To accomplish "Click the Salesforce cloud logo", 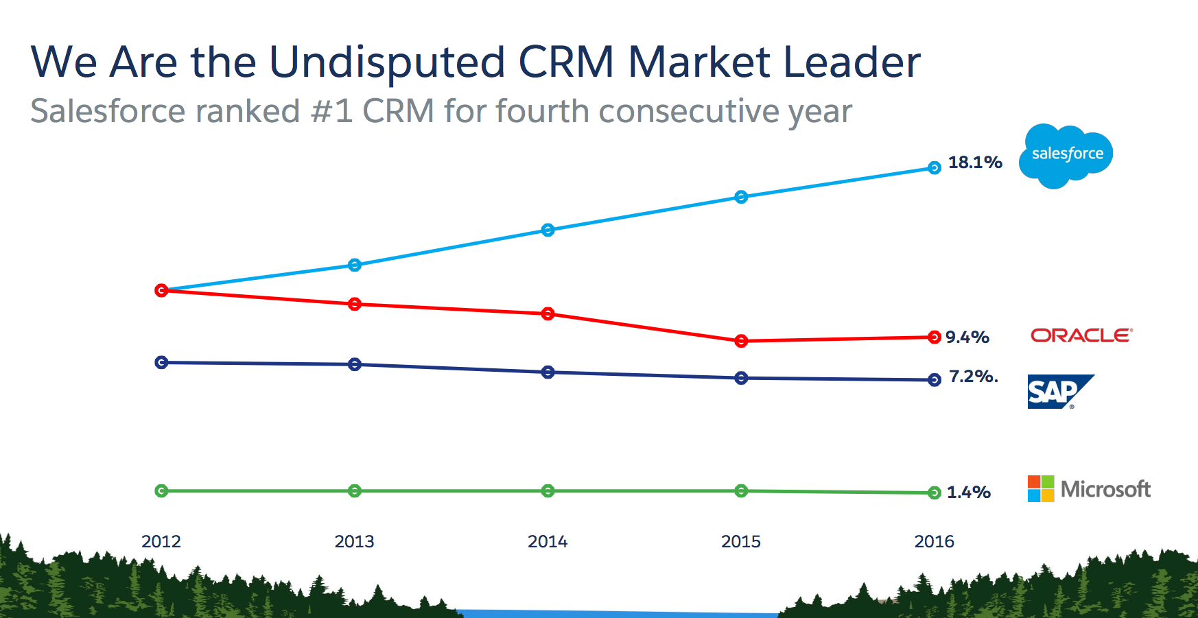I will [x=1066, y=155].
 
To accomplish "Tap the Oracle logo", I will [x=1081, y=335].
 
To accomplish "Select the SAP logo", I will [x=1059, y=392].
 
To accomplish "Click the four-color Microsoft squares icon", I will [x=1041, y=489].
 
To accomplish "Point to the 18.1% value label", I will [x=975, y=163].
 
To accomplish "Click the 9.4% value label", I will [x=967, y=337].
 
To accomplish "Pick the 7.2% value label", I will [x=973, y=377].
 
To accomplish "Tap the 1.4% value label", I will [x=968, y=492].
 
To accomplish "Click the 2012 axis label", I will [x=161, y=542].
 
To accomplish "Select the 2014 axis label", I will [x=548, y=542].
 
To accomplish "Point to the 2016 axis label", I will [x=934, y=542].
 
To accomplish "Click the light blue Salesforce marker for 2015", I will [x=741, y=198].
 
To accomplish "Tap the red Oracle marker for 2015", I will [x=741, y=341].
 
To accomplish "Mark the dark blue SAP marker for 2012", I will [x=161, y=362].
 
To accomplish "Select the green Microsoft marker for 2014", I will [x=548, y=491].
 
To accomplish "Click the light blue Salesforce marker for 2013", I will [x=355, y=265].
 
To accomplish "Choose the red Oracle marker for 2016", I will [x=934, y=337].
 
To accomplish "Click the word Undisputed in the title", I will [x=387, y=62].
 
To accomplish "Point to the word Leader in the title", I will [x=851, y=62].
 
